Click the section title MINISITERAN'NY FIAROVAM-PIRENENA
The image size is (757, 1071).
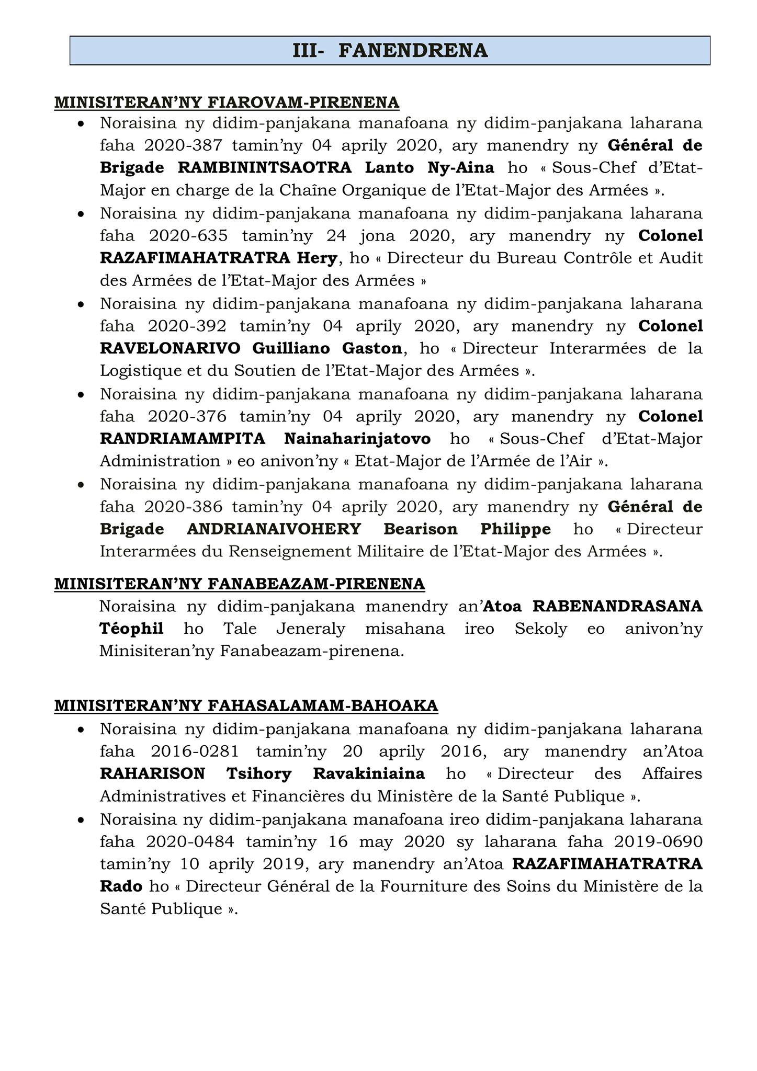(x=227, y=102)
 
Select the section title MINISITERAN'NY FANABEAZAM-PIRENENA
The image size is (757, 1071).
(x=239, y=584)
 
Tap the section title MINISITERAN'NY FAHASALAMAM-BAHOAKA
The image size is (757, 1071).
(x=246, y=706)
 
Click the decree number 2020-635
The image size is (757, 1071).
(x=188, y=236)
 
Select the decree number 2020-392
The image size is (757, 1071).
(x=187, y=326)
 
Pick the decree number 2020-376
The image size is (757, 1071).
(x=187, y=417)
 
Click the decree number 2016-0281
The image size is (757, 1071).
(x=195, y=751)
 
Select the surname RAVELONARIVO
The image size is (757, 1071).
(x=170, y=348)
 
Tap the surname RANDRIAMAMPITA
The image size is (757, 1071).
(x=183, y=439)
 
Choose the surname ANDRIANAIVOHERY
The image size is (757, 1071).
(x=274, y=529)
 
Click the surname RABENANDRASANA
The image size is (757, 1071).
(x=617, y=607)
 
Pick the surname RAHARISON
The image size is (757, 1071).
(x=153, y=774)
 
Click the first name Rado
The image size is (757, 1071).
(x=121, y=887)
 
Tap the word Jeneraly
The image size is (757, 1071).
(x=310, y=629)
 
